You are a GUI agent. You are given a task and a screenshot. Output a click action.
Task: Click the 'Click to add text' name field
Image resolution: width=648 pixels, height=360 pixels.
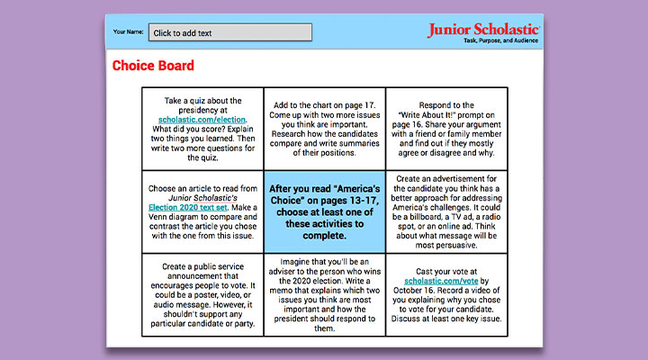[230, 32]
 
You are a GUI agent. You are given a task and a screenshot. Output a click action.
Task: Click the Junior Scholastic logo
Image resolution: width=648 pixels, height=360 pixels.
[483, 30]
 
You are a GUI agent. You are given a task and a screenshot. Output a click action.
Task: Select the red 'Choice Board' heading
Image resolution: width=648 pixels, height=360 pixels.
[153, 66]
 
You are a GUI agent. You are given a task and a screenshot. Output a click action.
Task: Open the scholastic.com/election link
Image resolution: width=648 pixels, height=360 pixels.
[202, 119]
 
